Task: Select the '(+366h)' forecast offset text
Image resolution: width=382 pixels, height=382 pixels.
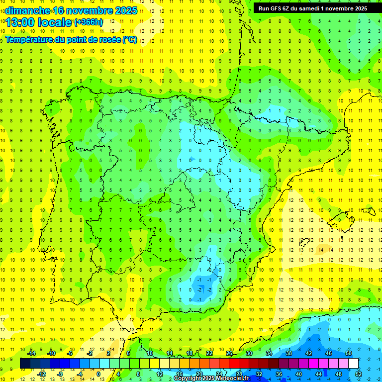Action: point(89,22)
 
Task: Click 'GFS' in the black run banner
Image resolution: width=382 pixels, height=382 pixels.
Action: point(279,8)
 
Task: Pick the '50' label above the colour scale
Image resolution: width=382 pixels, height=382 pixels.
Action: point(348,353)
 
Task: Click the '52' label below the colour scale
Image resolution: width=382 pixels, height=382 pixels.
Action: point(359,374)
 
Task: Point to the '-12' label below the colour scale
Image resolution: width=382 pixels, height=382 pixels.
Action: point(41,374)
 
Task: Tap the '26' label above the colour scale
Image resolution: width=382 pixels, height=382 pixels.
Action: point(229,353)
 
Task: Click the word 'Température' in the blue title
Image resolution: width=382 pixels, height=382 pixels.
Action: point(29,39)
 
